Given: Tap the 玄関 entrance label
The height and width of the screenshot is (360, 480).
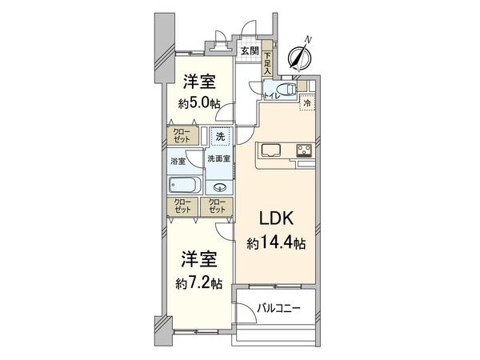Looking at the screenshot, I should pos(249,51).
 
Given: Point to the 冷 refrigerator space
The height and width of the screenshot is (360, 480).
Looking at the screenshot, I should pos(307,102).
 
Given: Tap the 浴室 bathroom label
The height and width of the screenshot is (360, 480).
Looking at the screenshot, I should pos(178,161).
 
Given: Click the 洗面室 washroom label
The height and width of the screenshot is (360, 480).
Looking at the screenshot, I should pos(218,159).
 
